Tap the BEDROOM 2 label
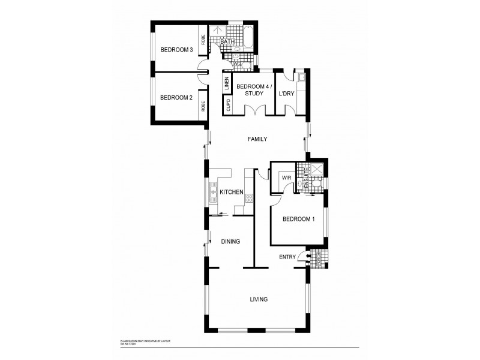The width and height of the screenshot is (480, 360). pyautogui.click(x=176, y=98)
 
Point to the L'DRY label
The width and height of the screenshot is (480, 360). pyautogui.click(x=285, y=94)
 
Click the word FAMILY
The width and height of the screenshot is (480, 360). pyautogui.click(x=257, y=139)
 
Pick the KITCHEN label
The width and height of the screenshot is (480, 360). pyautogui.click(x=231, y=192)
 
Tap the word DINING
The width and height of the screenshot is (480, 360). pyautogui.click(x=230, y=242)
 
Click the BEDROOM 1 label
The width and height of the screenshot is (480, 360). pyautogui.click(x=299, y=220)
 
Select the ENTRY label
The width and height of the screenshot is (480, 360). pyautogui.click(x=287, y=257)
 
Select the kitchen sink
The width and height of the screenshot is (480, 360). pyautogui.click(x=212, y=192)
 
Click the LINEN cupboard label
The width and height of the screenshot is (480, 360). pyautogui.click(x=227, y=84)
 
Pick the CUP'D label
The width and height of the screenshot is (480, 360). pyautogui.click(x=228, y=106)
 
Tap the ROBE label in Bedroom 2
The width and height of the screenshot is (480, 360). pyautogui.click(x=203, y=107)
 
